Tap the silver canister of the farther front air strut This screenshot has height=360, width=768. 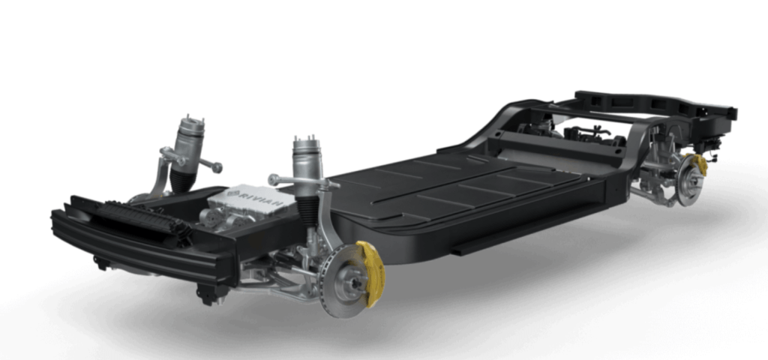click(189, 142)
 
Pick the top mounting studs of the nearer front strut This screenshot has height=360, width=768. click(306, 140)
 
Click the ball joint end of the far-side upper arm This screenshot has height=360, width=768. click(216, 168)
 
